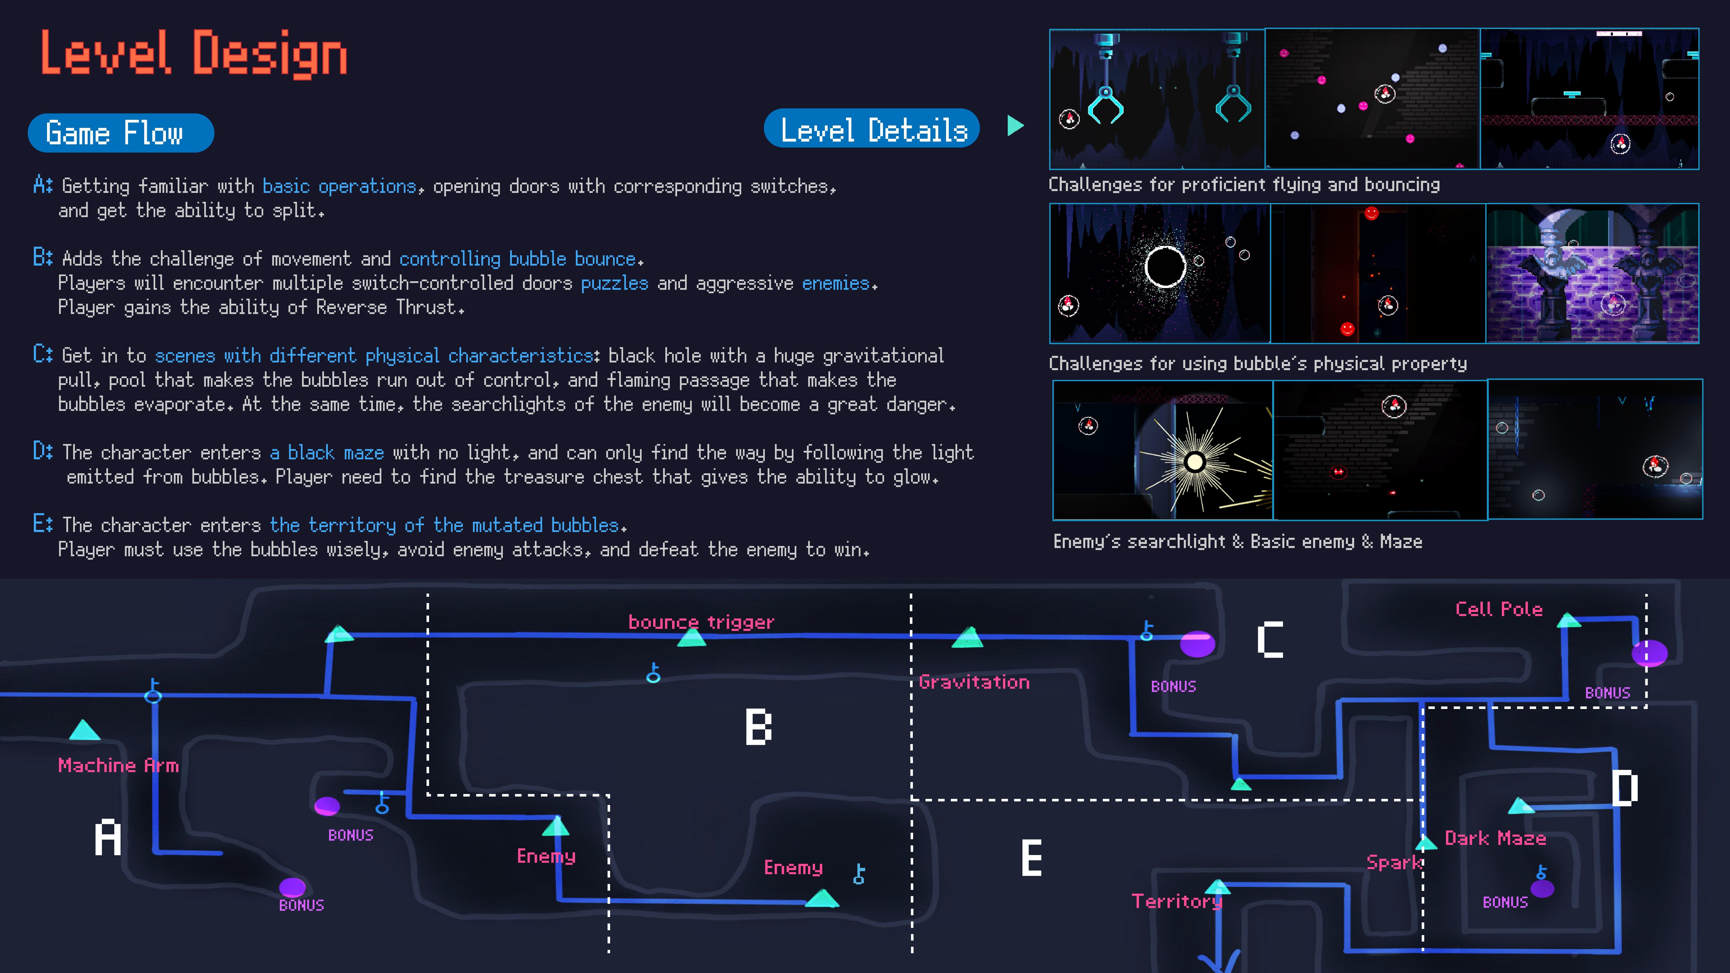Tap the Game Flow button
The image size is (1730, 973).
pos(121,133)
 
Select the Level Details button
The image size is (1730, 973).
pos(872,129)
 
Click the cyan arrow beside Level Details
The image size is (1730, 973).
pos(1015,126)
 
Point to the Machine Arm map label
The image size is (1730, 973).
pos(118,765)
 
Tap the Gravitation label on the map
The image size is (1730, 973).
pos(974,682)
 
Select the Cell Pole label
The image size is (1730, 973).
pos(1498,609)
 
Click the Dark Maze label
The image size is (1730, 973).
pos(1495,838)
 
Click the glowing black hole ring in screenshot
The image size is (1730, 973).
pos(1165,267)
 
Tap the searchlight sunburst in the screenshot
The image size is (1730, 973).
pos(1194,462)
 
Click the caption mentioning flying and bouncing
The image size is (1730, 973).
pos(1244,185)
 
